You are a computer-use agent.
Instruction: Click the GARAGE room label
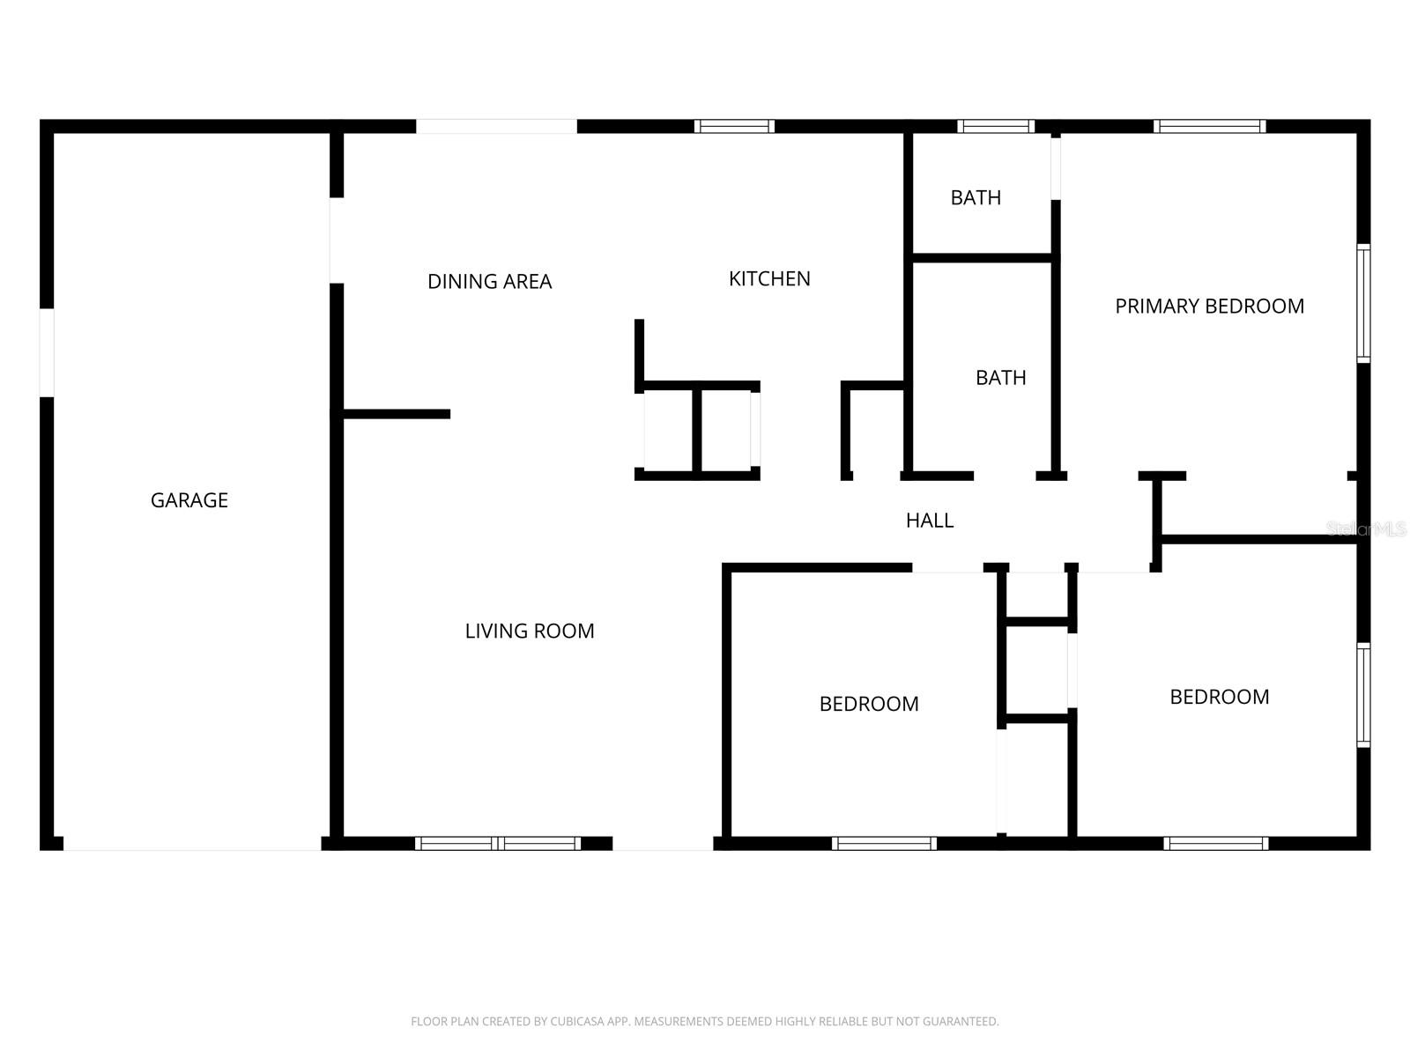189,500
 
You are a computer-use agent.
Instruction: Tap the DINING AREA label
489,282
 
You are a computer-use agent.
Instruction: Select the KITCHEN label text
769,279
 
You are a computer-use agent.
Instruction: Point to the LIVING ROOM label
530,631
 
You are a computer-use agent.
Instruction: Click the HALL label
930,521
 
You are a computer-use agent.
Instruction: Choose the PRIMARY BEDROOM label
1209,307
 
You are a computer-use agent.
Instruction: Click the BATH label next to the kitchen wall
1000,378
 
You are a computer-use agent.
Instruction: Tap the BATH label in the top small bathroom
976,198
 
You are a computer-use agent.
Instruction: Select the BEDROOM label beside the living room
869,704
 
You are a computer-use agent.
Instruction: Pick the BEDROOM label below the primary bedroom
1219,697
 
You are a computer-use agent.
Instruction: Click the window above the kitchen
734,126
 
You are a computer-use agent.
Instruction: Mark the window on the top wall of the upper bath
996,126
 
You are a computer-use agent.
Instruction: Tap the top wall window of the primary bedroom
1209,126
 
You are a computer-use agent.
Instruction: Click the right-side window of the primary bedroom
1363,303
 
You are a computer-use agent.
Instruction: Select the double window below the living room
498,843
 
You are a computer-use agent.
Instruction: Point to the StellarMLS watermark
1366,529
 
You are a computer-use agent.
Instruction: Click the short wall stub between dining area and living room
397,414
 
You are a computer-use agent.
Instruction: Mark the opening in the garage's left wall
47,352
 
